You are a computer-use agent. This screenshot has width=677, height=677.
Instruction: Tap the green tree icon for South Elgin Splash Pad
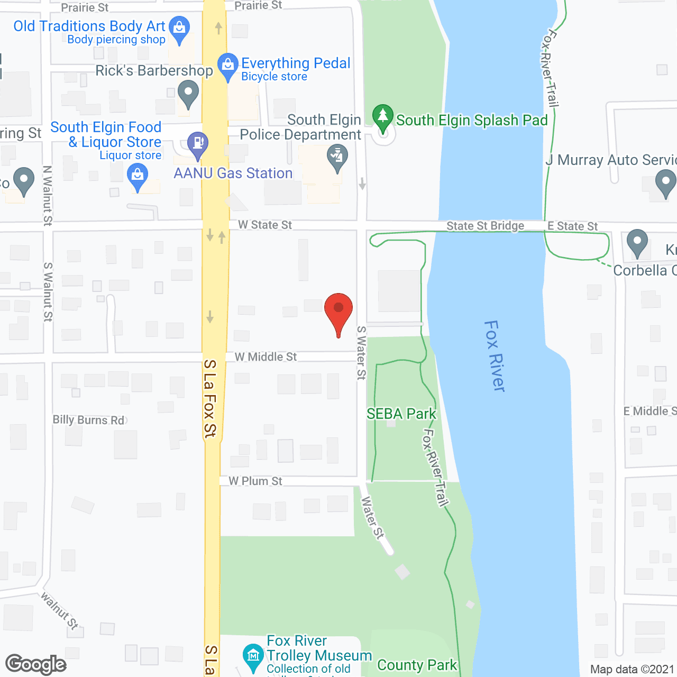[382, 118]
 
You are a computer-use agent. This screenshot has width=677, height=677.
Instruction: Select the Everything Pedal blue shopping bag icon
[228, 66]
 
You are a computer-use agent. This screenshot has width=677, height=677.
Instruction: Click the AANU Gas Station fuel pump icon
[198, 144]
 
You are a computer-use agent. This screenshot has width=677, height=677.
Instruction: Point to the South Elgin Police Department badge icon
[337, 158]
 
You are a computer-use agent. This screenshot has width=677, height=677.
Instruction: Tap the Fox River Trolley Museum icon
[253, 656]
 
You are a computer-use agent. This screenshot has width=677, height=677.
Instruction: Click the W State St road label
[264, 225]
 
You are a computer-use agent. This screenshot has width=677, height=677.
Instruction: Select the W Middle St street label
[266, 357]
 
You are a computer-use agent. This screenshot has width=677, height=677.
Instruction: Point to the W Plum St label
[255, 481]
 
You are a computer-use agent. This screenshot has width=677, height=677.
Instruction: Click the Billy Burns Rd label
[89, 420]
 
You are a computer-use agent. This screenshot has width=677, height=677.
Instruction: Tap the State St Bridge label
[485, 226]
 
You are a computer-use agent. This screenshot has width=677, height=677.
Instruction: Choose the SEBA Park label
[401, 414]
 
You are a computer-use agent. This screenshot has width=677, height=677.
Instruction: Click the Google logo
[36, 664]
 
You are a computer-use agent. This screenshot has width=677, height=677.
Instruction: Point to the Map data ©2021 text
[632, 669]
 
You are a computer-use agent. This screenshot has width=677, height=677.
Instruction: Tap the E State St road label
[572, 226]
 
